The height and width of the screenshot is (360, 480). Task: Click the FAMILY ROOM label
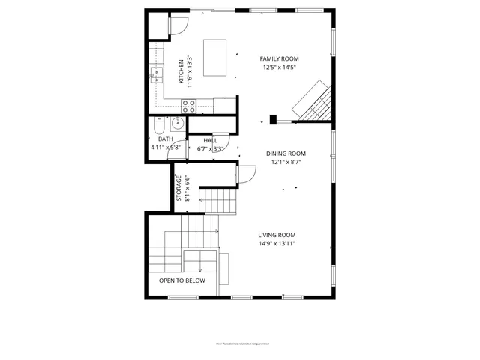point(279,58)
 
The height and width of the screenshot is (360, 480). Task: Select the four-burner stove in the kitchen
point(188,106)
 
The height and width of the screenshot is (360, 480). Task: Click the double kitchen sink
point(157,73)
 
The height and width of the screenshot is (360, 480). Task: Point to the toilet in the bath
point(159,125)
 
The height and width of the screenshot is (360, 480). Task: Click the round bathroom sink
point(178,124)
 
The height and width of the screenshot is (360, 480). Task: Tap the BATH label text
point(166,139)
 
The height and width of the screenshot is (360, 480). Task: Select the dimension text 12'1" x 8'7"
point(286,162)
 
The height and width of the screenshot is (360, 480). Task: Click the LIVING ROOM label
point(277,234)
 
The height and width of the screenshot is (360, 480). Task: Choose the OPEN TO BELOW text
point(181,280)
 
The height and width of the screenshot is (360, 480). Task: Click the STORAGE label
point(178,187)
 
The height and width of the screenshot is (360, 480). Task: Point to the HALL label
point(211,139)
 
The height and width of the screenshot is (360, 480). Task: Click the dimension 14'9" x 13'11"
point(277,243)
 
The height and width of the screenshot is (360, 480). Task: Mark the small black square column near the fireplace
point(273,118)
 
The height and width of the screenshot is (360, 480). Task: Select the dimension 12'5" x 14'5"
point(279,67)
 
